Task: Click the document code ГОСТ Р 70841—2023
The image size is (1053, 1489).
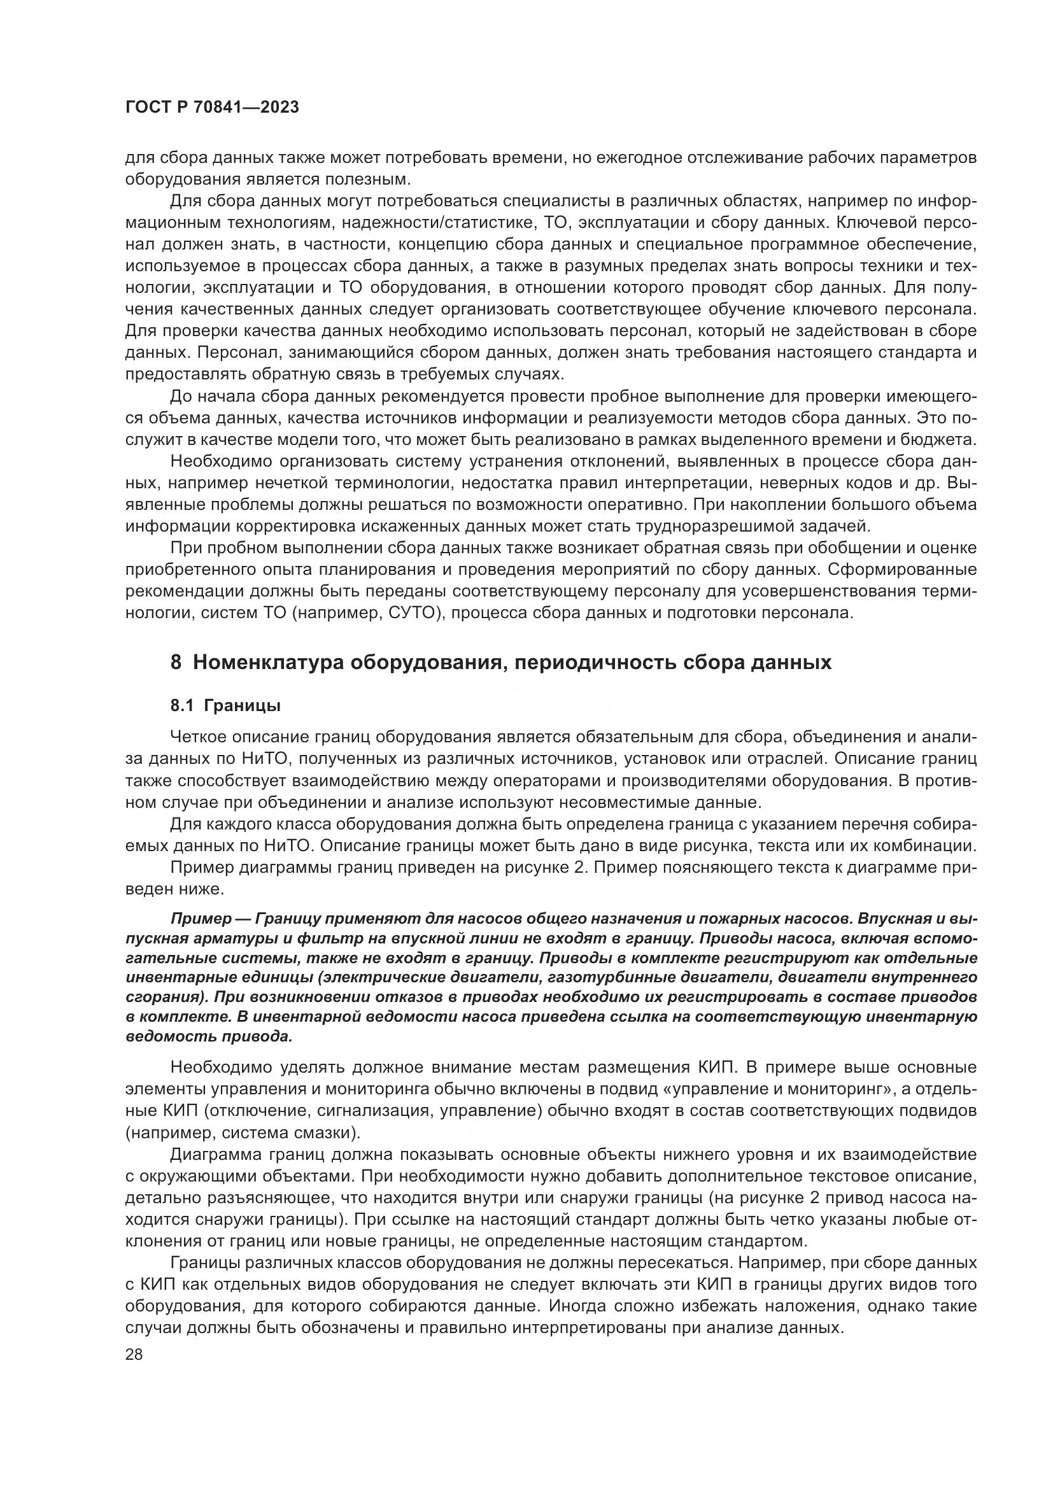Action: pyautogui.click(x=212, y=108)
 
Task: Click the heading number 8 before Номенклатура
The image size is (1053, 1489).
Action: pyautogui.click(x=176, y=663)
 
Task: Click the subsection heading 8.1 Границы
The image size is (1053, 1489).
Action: pyautogui.click(x=225, y=705)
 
